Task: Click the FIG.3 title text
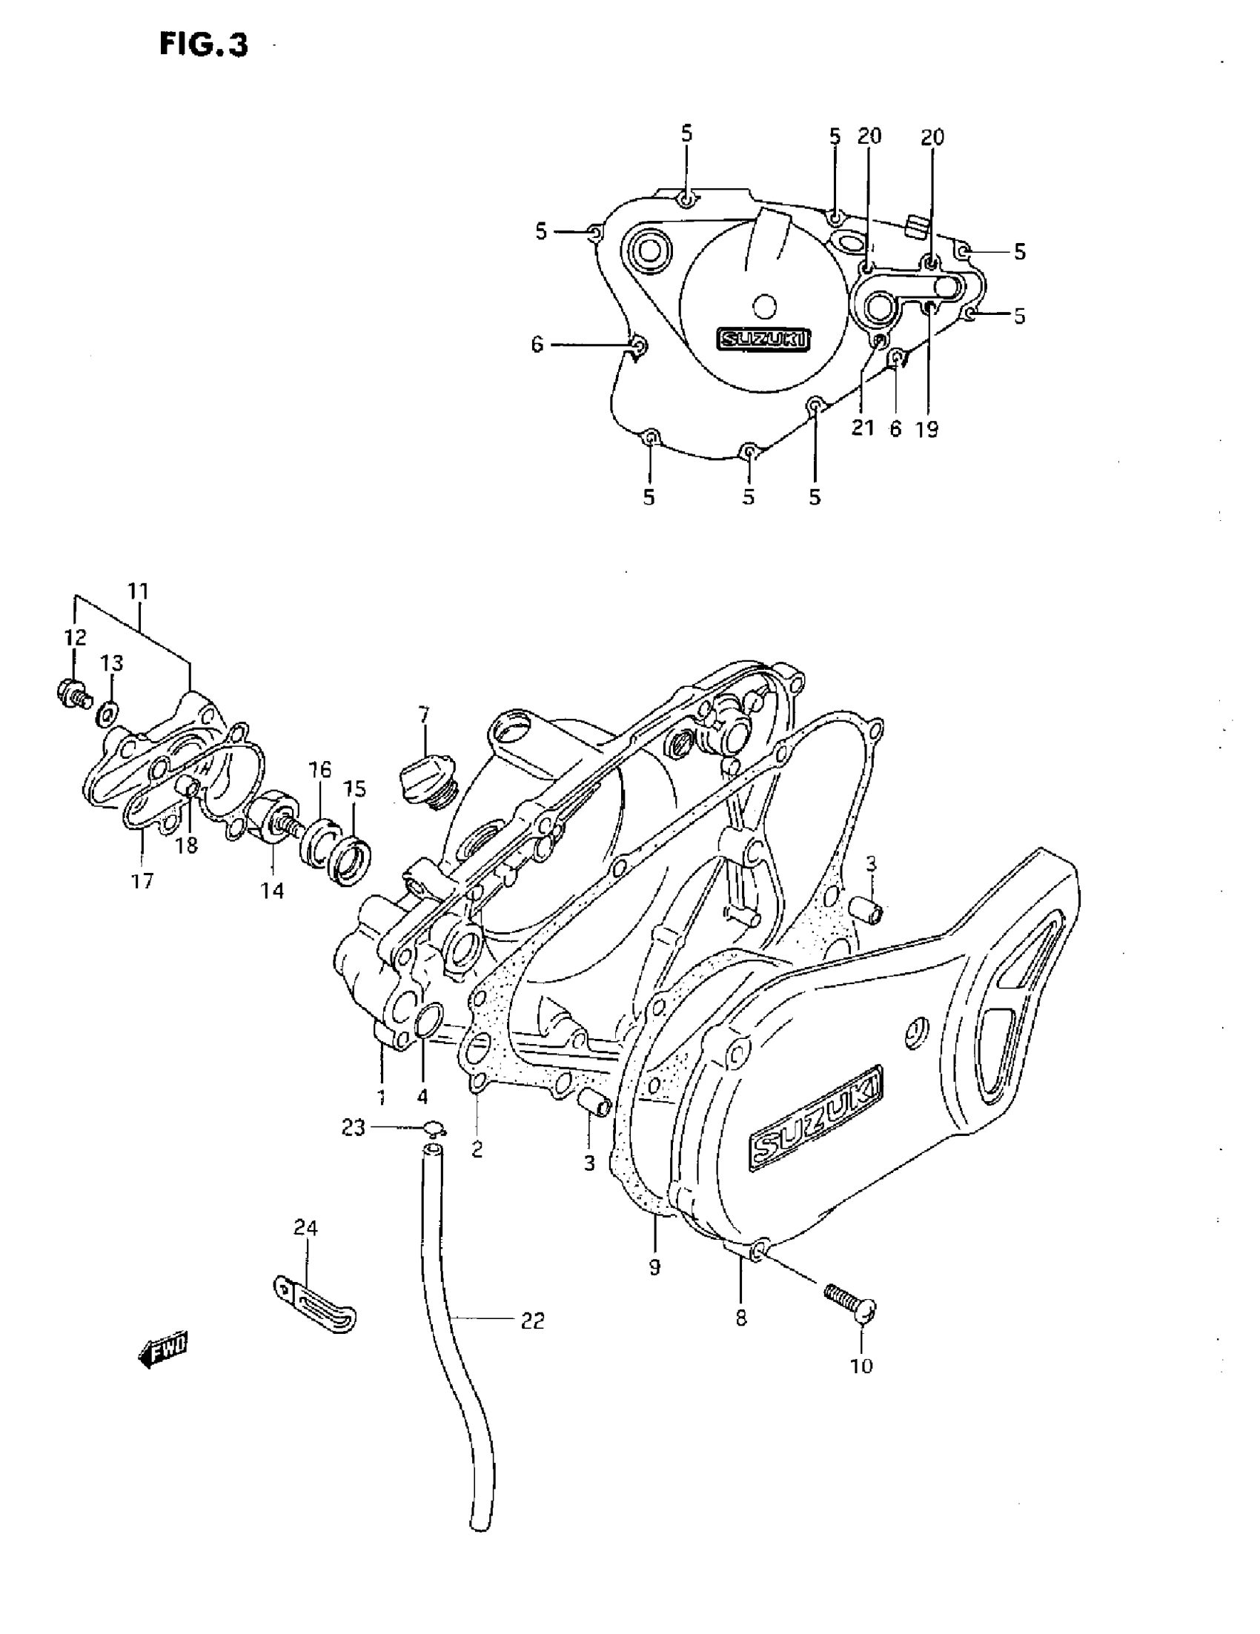click(x=204, y=45)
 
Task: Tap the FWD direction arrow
click(x=163, y=1348)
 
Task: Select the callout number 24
click(x=305, y=1228)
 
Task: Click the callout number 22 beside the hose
click(x=532, y=1321)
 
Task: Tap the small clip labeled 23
click(x=435, y=1128)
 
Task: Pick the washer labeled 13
click(x=107, y=714)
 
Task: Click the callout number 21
click(x=863, y=428)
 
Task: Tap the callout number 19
click(x=926, y=429)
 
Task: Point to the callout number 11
click(x=139, y=591)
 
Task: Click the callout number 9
click(x=654, y=1266)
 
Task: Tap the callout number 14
click(x=272, y=890)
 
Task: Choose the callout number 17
click(x=142, y=880)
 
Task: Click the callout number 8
click(x=740, y=1318)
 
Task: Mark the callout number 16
click(x=319, y=769)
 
